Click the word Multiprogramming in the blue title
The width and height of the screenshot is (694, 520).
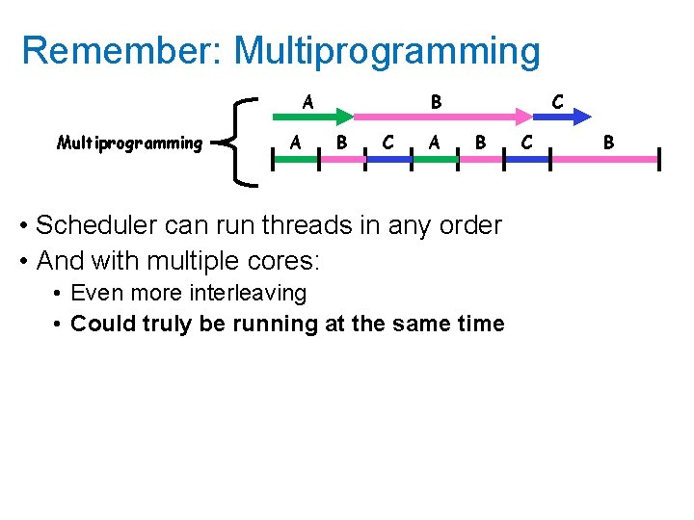(387, 52)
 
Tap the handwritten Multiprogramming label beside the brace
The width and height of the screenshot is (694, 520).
(129, 143)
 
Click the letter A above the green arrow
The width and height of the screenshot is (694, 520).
(307, 100)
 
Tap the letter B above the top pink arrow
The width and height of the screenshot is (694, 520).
(436, 100)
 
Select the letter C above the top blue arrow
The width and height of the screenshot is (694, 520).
(556, 100)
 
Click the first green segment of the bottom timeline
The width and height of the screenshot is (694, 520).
(295, 160)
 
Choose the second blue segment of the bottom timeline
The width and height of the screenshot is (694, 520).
(528, 160)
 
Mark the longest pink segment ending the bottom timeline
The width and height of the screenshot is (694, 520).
(607, 160)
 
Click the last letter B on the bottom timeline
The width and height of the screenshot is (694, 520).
(608, 143)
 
